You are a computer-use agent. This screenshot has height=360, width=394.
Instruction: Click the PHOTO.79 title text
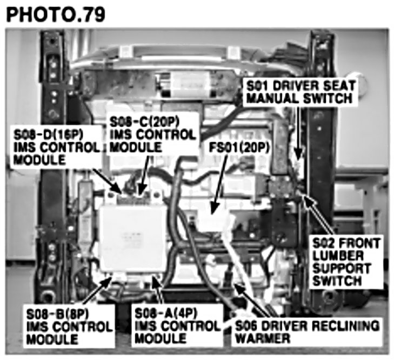click(x=56, y=15)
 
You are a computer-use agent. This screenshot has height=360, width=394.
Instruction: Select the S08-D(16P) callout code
click(x=48, y=135)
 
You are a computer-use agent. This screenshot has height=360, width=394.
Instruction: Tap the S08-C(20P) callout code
click(x=144, y=122)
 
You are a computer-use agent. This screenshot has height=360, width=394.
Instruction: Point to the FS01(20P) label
click(x=239, y=148)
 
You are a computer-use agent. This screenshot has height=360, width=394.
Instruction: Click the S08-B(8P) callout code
click(x=57, y=314)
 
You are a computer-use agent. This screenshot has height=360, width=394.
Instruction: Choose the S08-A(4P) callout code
click(x=166, y=313)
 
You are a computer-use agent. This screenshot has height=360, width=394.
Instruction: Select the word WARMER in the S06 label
click(x=263, y=338)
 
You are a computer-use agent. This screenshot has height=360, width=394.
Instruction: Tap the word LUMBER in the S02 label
click(x=338, y=256)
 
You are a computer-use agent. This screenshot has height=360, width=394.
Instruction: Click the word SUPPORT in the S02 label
click(x=342, y=269)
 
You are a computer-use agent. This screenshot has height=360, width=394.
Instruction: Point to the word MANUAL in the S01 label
click(x=273, y=98)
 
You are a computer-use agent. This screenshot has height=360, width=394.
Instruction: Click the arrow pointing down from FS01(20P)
click(x=219, y=185)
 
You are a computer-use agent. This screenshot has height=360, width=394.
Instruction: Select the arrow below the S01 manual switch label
click(x=298, y=133)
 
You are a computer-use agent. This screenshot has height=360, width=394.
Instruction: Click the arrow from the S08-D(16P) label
click(x=108, y=181)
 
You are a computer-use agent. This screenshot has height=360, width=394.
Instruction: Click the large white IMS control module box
click(x=133, y=239)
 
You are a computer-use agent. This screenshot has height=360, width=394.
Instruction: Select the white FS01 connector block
click(x=216, y=223)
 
